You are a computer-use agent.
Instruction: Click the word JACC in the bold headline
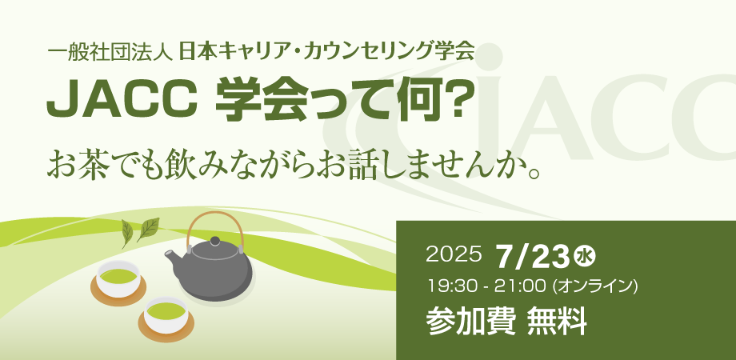tap(121, 101)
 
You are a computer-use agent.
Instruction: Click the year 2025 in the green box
tap(454, 254)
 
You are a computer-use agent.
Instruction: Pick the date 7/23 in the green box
tap(533, 257)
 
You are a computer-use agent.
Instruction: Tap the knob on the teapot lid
tap(214, 241)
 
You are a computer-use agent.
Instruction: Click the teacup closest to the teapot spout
tap(118, 281)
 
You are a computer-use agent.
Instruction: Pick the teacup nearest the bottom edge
tap(166, 318)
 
